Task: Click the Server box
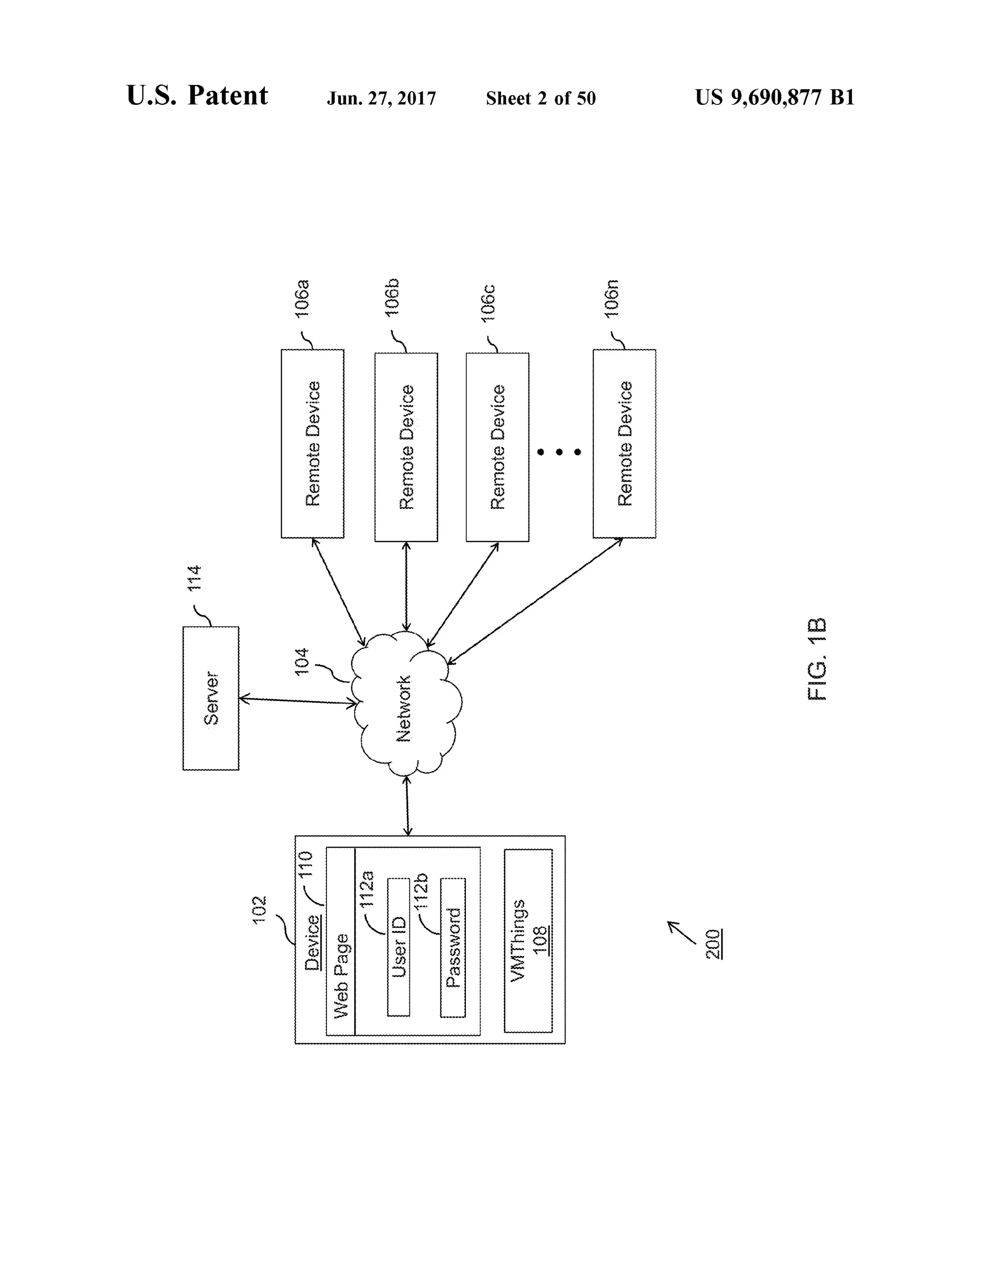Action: (210, 698)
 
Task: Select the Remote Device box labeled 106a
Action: (312, 444)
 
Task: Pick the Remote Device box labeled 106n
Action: (624, 444)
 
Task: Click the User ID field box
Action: (398, 947)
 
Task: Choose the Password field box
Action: (453, 947)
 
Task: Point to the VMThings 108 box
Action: (528, 941)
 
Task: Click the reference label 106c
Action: (488, 303)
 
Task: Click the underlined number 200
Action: (714, 944)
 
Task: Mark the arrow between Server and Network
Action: (298, 701)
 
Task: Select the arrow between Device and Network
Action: (407, 806)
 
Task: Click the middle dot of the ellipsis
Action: (559, 452)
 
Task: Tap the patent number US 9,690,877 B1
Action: (774, 97)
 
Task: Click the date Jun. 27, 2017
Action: (381, 99)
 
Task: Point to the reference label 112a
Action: (367, 889)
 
